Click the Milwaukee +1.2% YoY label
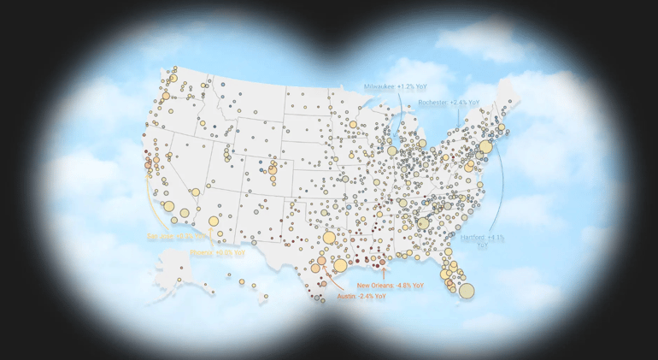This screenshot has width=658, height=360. point(395,87)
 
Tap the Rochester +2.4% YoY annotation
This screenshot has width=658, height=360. point(449,103)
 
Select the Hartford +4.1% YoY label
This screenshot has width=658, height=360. point(483,240)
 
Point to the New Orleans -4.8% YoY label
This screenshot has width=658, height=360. point(390,285)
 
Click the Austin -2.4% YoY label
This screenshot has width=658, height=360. point(361,296)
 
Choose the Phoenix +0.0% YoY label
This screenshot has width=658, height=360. point(217,253)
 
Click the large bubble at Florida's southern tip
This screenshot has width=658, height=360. point(466,291)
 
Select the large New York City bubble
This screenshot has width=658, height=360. point(485,147)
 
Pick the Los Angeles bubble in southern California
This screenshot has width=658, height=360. point(169,206)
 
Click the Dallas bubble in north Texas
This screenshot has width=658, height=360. point(329,237)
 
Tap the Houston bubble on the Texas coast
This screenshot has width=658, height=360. point(340,265)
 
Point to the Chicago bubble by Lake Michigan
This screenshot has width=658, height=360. point(391,151)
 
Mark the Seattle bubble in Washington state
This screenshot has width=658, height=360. point(173,79)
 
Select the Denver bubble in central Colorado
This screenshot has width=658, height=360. point(273,169)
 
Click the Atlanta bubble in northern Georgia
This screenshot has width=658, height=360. point(422,224)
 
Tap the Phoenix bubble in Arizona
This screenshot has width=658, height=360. point(214,221)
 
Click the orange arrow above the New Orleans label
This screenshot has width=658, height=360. point(384,271)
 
